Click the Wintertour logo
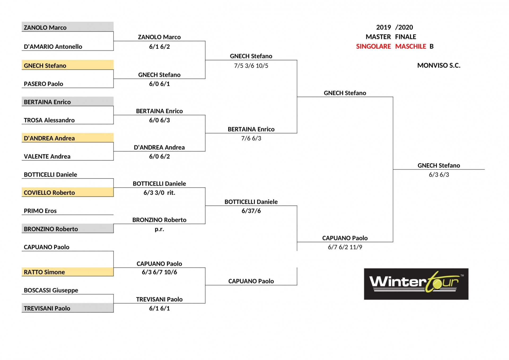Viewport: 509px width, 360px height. point(416,284)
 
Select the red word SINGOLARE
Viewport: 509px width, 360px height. point(373,46)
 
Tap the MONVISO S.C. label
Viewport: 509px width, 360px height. point(439,65)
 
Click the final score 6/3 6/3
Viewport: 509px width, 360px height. point(439,175)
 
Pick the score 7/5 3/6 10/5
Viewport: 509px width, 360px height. point(251,66)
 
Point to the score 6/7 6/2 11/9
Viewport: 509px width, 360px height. point(345,247)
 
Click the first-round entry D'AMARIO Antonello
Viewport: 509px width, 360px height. point(53,47)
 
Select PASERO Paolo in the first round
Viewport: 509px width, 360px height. point(43,84)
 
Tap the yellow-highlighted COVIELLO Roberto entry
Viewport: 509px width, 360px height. point(49,193)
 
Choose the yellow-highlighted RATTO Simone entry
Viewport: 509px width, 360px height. point(44,272)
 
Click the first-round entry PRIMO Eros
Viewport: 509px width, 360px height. point(40,211)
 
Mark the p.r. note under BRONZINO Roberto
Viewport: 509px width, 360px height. point(159,229)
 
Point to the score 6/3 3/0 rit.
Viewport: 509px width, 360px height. point(159,193)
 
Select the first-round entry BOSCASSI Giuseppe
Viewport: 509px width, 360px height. point(51,290)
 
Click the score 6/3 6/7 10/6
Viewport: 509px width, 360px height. point(159,272)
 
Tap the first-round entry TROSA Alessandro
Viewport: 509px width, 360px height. point(49,120)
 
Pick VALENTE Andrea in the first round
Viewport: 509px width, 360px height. point(47,157)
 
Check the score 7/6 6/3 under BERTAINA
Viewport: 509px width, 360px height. point(251,138)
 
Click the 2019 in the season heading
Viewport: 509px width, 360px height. point(383,27)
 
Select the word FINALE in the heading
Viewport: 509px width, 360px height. point(406,37)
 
